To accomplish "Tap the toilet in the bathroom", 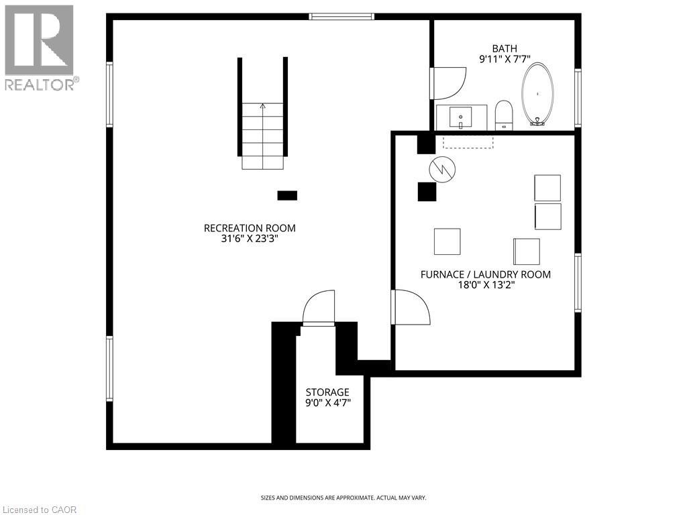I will [504, 115].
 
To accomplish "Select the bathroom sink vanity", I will [462, 117].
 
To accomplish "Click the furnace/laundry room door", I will [411, 307].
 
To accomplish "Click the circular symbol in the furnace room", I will [443, 169].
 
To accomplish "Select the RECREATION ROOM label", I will [250, 228].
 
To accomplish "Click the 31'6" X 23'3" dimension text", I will [250, 239].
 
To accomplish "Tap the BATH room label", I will [505, 48].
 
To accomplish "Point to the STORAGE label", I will [327, 392].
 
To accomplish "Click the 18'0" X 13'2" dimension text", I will [486, 285].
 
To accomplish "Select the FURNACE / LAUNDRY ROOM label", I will [486, 274].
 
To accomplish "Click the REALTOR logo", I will [40, 48].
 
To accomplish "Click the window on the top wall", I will [341, 16].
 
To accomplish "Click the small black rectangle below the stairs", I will [287, 195].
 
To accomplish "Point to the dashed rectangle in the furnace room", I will [468, 142].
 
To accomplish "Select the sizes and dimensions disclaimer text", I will [343, 498].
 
